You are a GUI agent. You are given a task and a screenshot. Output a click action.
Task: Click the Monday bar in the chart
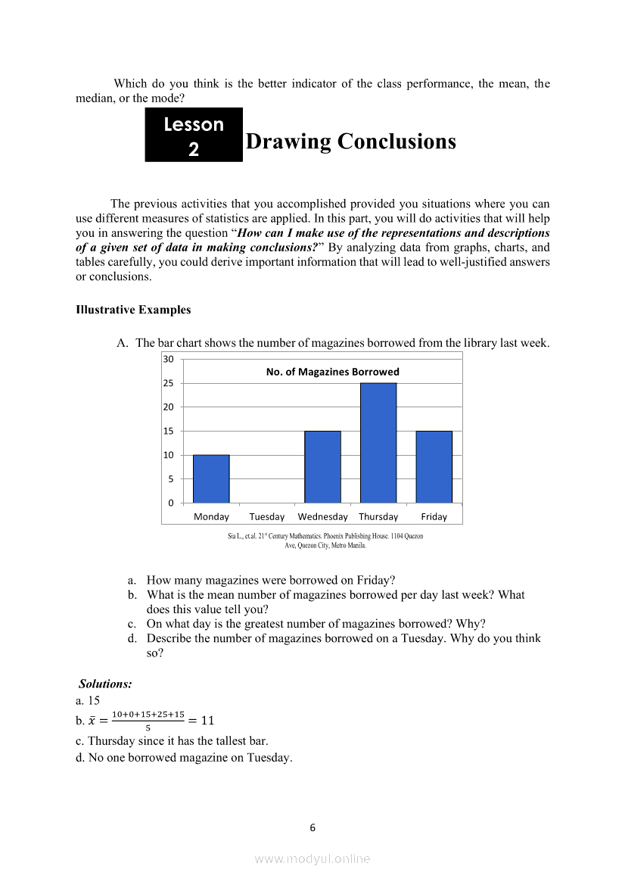211,478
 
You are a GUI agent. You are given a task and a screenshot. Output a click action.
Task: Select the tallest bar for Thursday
378,443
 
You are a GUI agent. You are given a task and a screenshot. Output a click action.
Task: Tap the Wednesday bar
322,466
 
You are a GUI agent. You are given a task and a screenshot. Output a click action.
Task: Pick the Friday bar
434,466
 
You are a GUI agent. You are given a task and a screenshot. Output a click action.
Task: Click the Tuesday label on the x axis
267,517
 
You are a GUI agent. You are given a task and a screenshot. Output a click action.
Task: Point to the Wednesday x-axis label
322,517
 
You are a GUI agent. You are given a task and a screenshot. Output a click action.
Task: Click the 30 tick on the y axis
169,359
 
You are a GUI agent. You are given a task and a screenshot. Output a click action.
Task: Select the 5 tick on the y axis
171,479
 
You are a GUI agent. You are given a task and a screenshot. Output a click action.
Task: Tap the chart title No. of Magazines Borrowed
332,372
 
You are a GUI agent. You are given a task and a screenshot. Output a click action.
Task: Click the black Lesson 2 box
194,135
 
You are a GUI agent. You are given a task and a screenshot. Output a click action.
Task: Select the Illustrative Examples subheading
133,310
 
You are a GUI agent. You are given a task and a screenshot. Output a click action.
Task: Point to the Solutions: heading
105,684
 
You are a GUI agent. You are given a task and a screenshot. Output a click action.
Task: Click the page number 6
312,827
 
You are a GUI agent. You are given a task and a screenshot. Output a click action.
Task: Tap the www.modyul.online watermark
312,859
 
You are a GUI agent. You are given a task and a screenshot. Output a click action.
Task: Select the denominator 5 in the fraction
148,728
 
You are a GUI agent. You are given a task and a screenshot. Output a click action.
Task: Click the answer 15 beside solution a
94,701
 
